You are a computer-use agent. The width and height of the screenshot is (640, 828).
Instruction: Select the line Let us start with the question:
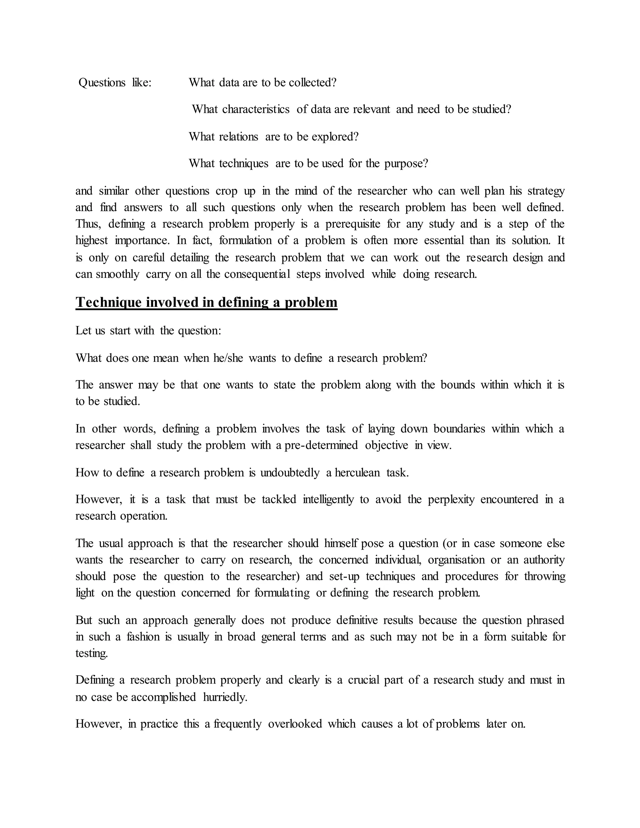[x=148, y=331]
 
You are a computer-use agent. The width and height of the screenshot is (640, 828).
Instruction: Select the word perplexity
[x=451, y=499]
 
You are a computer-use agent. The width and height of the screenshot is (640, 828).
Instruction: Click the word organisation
[x=456, y=560]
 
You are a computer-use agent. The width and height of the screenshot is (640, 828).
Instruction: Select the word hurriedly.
[x=225, y=697]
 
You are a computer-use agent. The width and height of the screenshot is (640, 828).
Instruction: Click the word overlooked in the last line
[x=295, y=724]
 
